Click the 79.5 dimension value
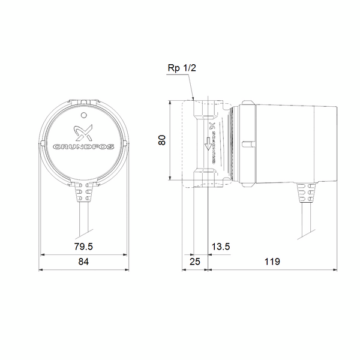[83, 246]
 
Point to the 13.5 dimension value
[221, 246]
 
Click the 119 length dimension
[271, 262]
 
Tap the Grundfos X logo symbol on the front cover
[83, 133]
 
